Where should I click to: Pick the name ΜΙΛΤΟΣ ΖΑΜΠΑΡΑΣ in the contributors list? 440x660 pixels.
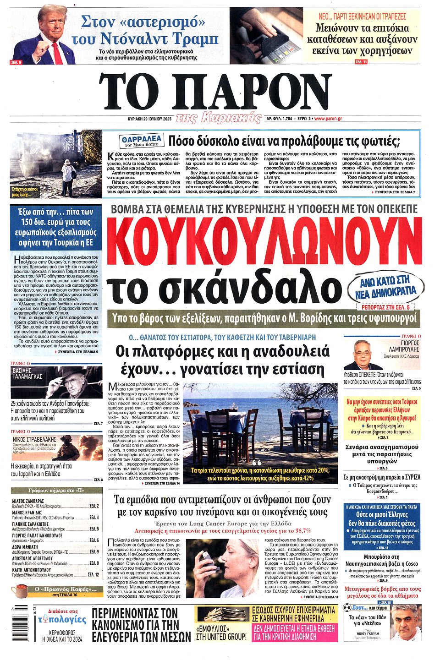coord(28,501)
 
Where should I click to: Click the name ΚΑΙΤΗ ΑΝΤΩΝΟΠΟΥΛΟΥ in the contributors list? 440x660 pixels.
coord(37,570)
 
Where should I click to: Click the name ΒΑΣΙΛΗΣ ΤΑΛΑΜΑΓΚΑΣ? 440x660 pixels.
coord(27,374)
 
